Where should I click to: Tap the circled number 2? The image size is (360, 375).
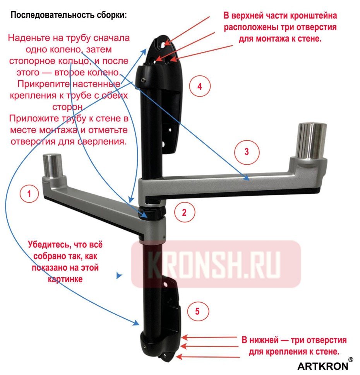pos(184,211)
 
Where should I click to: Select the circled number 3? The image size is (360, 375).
pos(247,151)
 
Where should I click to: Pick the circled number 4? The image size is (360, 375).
pos(200,86)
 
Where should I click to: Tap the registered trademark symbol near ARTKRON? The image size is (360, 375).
pos(350,359)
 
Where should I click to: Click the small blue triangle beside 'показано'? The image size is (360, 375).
pos(120,276)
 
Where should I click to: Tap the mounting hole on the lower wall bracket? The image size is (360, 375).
pos(166,284)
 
